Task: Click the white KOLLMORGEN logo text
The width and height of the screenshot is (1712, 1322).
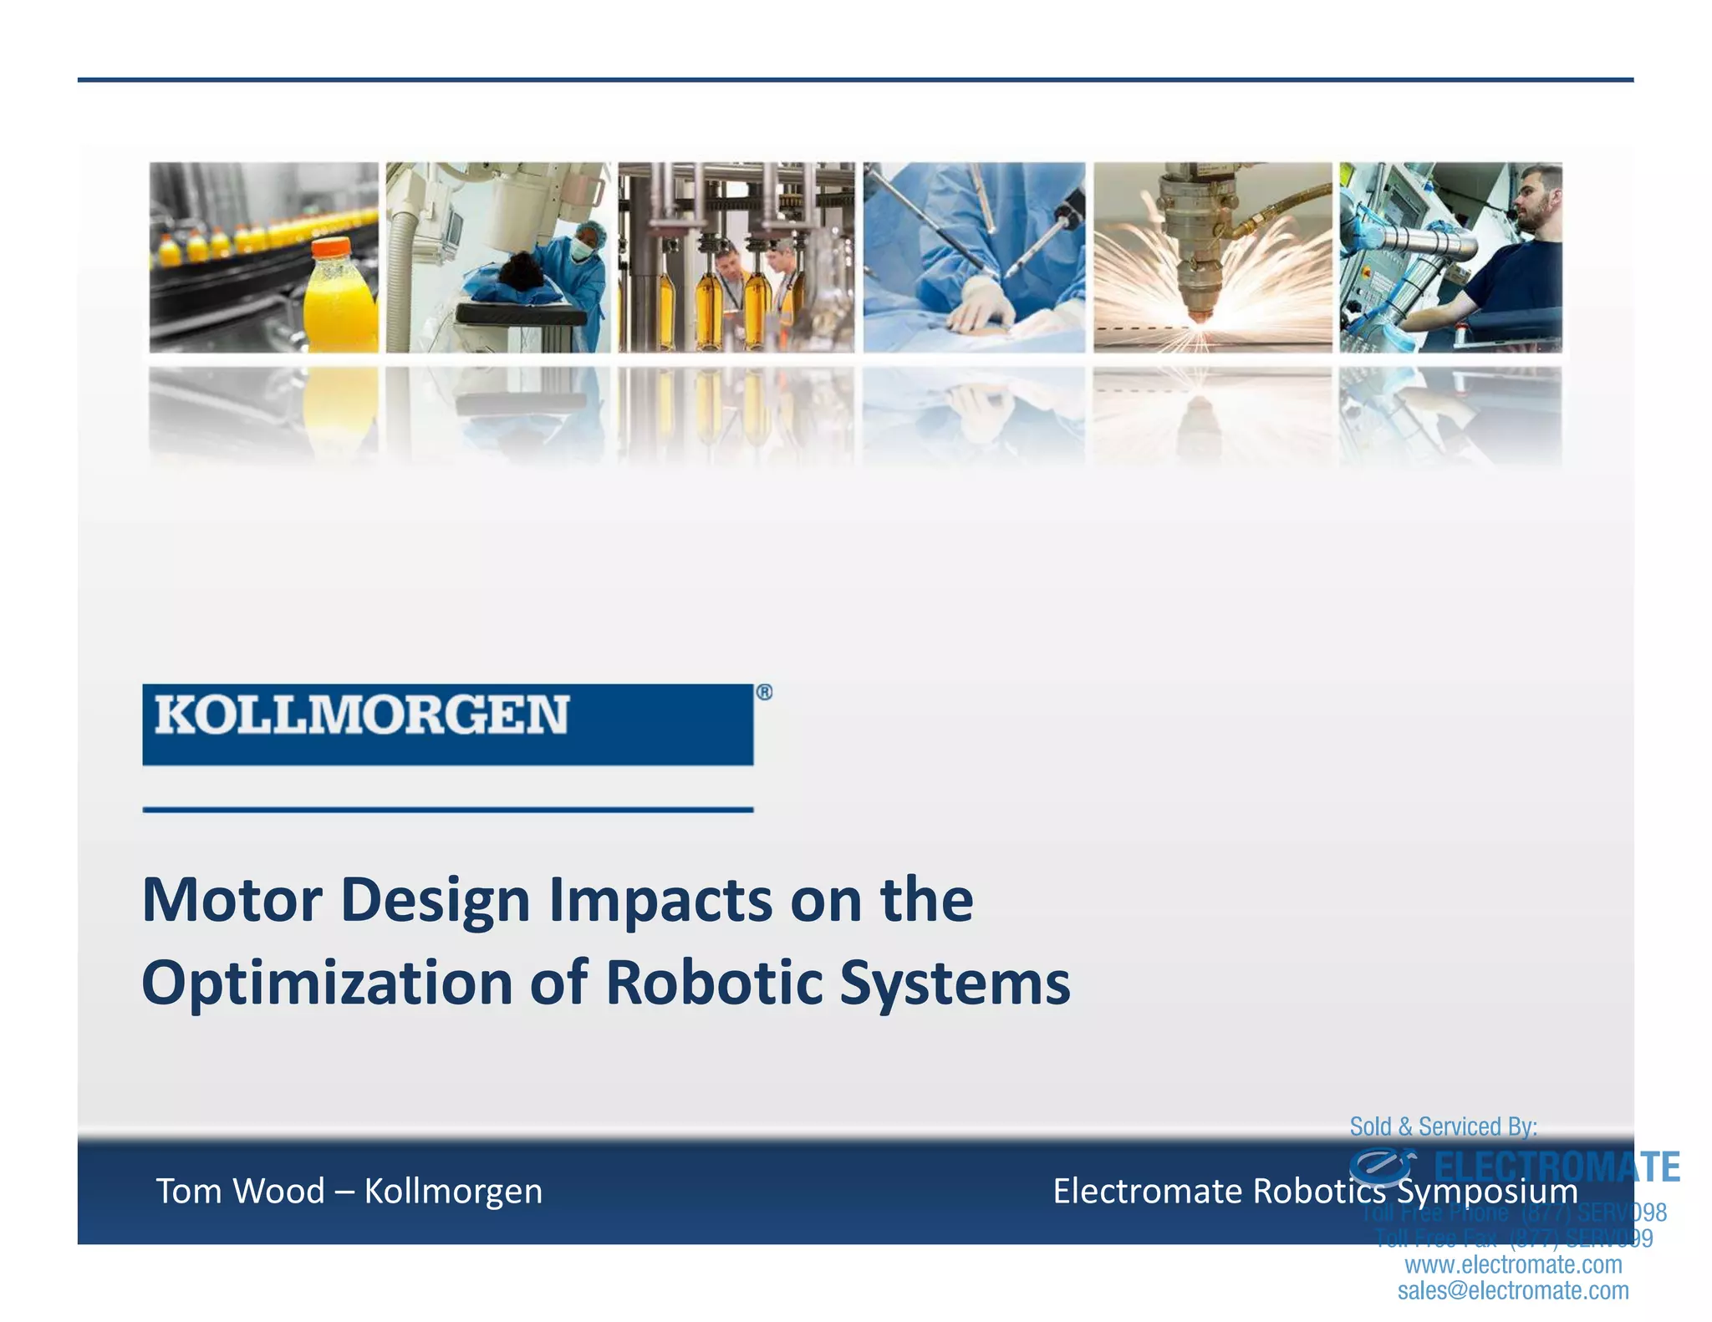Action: [x=362, y=715]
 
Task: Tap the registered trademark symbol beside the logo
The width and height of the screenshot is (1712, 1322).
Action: [x=764, y=692]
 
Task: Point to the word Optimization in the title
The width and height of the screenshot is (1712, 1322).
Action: [x=327, y=983]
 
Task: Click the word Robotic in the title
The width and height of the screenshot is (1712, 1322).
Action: [x=715, y=983]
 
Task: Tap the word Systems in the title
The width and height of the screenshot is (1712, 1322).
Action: [x=955, y=984]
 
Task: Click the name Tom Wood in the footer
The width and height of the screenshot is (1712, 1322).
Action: [x=241, y=1191]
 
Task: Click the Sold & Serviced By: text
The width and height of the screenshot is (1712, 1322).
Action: [x=1443, y=1126]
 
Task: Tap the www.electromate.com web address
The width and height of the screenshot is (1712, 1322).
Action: [x=1513, y=1264]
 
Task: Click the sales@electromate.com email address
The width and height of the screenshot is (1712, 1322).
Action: [x=1513, y=1291]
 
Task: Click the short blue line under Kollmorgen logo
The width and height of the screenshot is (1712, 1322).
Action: [x=448, y=809]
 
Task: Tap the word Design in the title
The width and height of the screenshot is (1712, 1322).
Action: [x=436, y=902]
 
